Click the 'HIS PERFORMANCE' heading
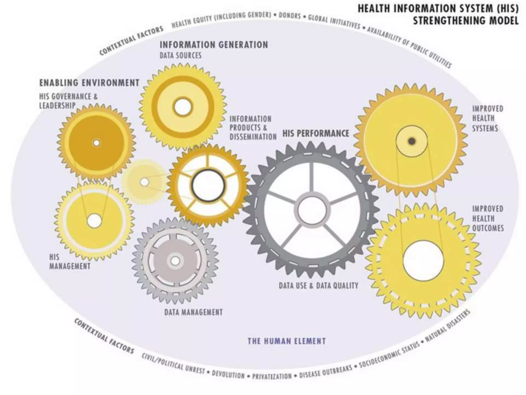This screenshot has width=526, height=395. (x=316, y=133)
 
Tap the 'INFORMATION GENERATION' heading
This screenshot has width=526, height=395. (x=214, y=45)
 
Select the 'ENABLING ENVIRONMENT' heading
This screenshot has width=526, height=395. (x=89, y=83)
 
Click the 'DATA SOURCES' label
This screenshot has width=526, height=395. (x=181, y=55)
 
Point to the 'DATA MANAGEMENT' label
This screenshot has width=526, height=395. (x=193, y=312)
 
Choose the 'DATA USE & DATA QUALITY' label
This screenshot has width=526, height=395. (x=318, y=285)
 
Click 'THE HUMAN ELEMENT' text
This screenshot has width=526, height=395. (x=287, y=341)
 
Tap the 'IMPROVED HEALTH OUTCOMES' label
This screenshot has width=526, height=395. (x=487, y=218)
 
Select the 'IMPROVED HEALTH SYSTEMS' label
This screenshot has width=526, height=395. (x=487, y=118)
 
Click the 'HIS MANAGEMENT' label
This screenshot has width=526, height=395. (x=70, y=262)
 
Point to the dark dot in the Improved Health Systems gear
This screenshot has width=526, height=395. (x=412, y=141)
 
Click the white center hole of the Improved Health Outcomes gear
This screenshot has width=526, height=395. (x=423, y=261)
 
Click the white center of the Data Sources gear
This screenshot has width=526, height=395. (x=182, y=107)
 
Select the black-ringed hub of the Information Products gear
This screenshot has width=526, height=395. (x=208, y=185)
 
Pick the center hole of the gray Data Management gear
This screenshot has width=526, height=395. (x=175, y=261)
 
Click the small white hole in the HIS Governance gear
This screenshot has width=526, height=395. (x=97, y=143)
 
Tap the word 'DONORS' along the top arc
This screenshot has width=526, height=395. (x=290, y=15)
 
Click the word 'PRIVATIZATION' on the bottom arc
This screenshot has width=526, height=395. (x=272, y=376)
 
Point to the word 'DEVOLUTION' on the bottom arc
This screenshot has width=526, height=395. (x=228, y=375)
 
